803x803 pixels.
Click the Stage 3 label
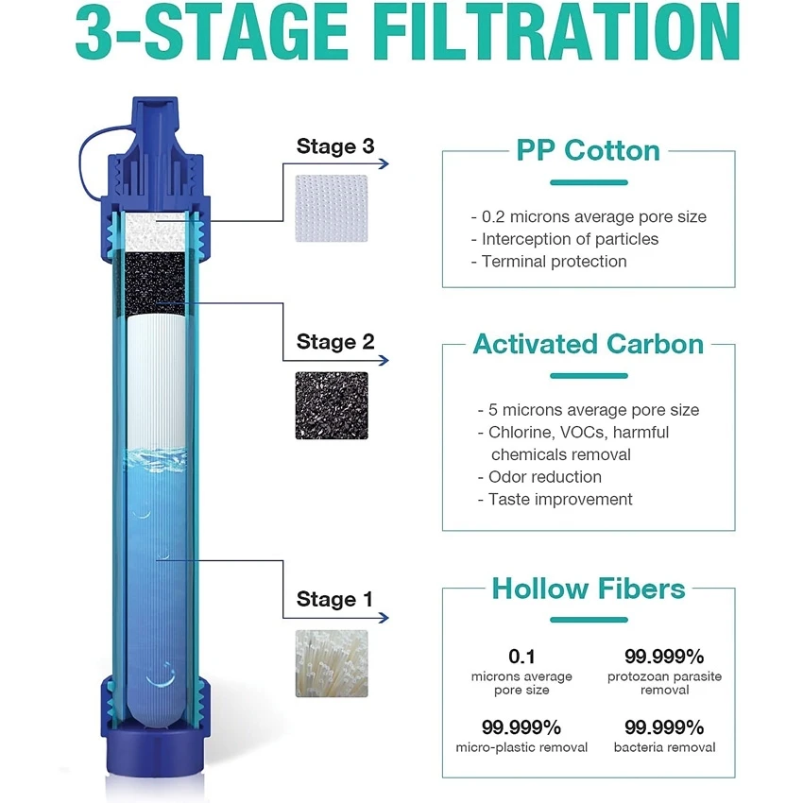click(335, 146)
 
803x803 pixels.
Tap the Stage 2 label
click(335, 342)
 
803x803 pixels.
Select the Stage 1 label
click(334, 599)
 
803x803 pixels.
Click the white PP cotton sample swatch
click(332, 208)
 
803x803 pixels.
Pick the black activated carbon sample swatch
click(332, 405)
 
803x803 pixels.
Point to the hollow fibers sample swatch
click(332, 663)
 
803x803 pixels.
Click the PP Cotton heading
click(588, 150)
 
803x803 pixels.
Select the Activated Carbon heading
click(588, 344)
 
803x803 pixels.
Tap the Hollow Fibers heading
click(589, 589)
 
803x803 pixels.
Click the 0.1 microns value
click(521, 657)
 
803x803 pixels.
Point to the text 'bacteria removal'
click(664, 747)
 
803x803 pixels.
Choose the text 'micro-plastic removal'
click(521, 747)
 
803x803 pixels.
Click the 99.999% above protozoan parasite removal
click(664, 657)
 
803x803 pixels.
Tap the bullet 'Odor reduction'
click(539, 477)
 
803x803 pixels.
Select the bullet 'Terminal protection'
click(549, 262)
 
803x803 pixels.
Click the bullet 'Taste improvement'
click(555, 500)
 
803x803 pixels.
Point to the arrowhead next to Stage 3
click(384, 163)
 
